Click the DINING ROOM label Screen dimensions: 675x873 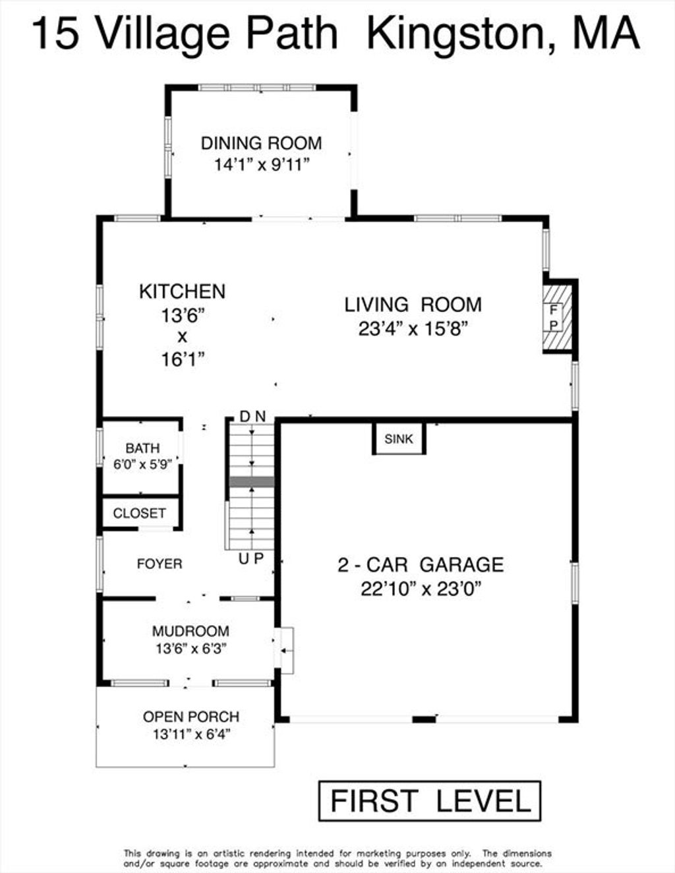262,143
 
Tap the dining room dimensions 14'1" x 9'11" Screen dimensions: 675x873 263,164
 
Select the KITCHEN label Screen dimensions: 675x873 183,291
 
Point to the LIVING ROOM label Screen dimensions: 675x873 413,305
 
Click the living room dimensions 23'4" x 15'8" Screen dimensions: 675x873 413,330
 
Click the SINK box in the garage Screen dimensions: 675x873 399,438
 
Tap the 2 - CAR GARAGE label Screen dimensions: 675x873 421,564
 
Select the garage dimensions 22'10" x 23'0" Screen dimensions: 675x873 421,589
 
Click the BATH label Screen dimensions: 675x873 142,448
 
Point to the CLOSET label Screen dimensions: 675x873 139,513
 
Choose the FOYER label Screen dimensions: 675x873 160,564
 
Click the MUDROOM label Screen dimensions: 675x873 191,631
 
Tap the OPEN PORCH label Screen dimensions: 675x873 191,717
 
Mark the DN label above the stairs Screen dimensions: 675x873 252,417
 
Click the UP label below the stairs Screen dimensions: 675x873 251,558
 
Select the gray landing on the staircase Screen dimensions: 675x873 251,482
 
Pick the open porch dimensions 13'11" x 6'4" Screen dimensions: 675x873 191,735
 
